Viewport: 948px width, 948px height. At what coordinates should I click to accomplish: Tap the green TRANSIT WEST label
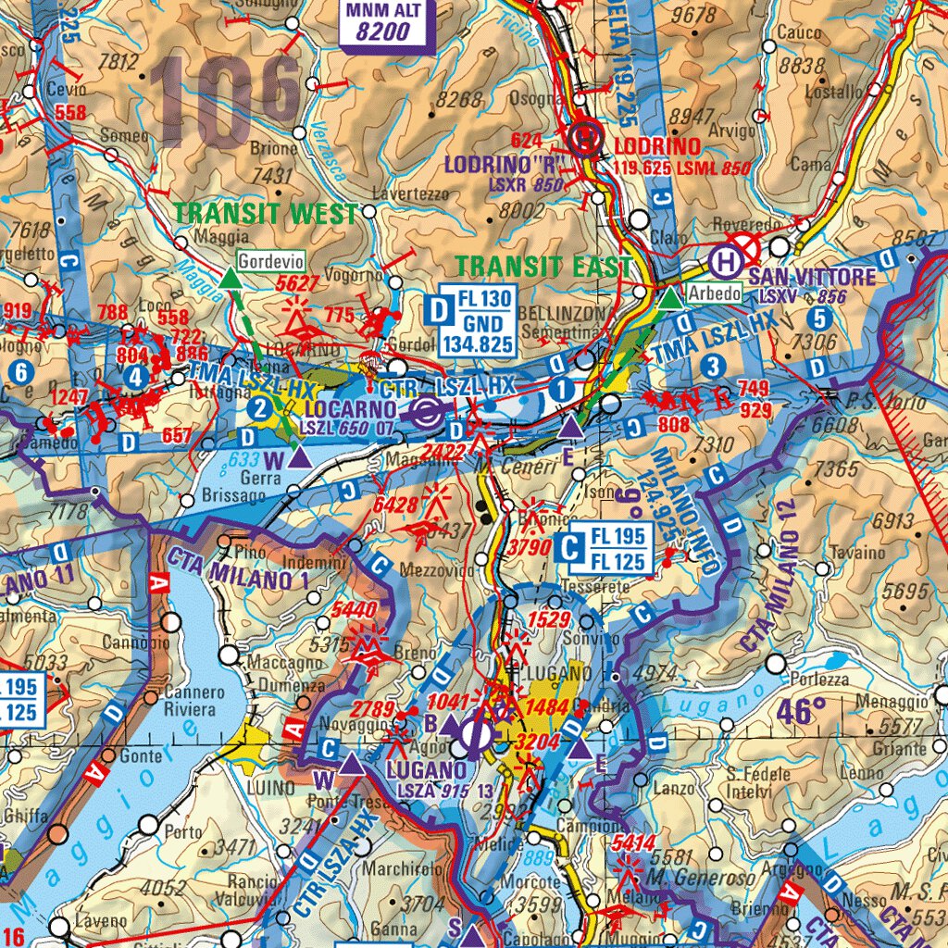coord(266,213)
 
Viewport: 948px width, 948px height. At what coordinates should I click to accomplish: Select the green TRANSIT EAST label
coord(543,267)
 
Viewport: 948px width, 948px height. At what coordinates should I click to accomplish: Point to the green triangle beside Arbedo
coord(669,297)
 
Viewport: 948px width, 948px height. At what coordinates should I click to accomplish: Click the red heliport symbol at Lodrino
coord(586,139)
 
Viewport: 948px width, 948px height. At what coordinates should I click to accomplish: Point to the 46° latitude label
coord(802,712)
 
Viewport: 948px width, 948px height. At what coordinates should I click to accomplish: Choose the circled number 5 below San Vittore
coord(817,318)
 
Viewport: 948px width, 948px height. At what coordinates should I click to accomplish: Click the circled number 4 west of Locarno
coord(137,377)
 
